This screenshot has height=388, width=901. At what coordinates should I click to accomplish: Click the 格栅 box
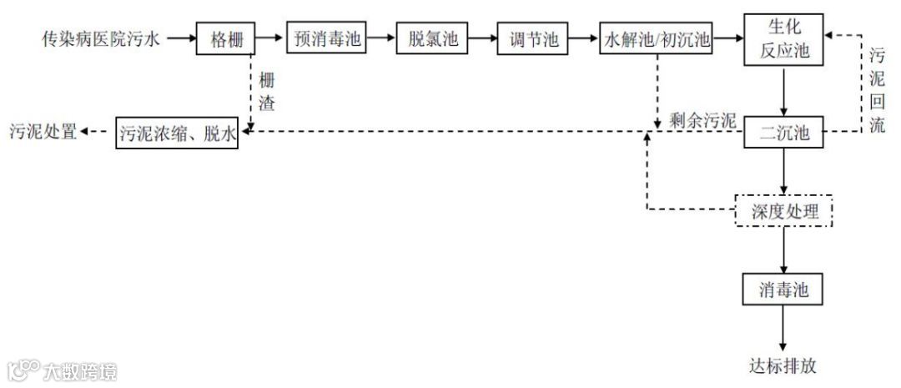pyautogui.click(x=225, y=38)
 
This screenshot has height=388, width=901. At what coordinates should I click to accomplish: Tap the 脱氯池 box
pyautogui.click(x=430, y=38)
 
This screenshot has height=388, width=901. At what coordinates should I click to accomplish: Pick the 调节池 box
pyautogui.click(x=532, y=38)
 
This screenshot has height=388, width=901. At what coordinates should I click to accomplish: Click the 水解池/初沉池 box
pyautogui.click(x=656, y=38)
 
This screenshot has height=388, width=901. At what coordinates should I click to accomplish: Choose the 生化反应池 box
pyautogui.click(x=783, y=38)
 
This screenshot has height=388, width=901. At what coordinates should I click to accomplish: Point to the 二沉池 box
pyautogui.click(x=783, y=132)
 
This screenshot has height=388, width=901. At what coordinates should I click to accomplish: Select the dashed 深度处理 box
pyautogui.click(x=783, y=212)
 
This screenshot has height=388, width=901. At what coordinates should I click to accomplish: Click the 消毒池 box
pyautogui.click(x=783, y=290)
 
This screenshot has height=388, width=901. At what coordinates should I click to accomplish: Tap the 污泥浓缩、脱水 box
pyautogui.click(x=177, y=132)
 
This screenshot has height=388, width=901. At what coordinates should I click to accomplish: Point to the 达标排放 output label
pyautogui.click(x=783, y=365)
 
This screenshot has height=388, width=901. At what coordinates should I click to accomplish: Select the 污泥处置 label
pyautogui.click(x=43, y=132)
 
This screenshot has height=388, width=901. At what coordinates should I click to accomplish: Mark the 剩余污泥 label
pyautogui.click(x=702, y=120)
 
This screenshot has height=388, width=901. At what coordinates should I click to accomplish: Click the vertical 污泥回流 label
pyautogui.click(x=877, y=92)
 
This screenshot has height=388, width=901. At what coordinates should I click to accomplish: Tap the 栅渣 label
pyautogui.click(x=266, y=93)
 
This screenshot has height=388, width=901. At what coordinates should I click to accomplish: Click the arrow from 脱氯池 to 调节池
pyautogui.click(x=481, y=38)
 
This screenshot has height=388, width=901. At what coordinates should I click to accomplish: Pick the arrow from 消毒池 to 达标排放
pyautogui.click(x=783, y=328)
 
